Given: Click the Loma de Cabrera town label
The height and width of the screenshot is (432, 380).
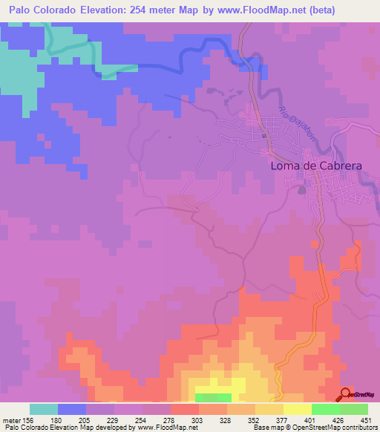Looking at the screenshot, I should pos(315,166).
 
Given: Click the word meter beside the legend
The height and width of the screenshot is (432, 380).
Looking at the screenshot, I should pos(11,420).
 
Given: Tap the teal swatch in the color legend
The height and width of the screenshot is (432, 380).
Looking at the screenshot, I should pos(44,409).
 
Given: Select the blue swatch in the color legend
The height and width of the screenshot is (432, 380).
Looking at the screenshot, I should pos(72,409).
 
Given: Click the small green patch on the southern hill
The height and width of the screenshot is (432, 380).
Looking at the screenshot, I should pos(214,396).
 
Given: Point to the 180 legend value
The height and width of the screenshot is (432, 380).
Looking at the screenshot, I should pos(58,420).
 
